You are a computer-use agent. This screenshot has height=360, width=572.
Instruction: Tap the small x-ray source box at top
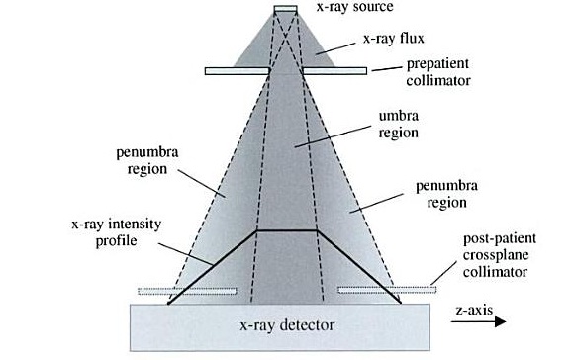pyautogui.click(x=285, y=9)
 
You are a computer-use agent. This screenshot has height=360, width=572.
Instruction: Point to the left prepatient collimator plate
pyautogui.click(x=238, y=70)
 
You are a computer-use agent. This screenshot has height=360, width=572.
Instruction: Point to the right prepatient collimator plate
pyautogui.click(x=334, y=70)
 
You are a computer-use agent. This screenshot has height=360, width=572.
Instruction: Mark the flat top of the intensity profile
pyautogui.click(x=286, y=230)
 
